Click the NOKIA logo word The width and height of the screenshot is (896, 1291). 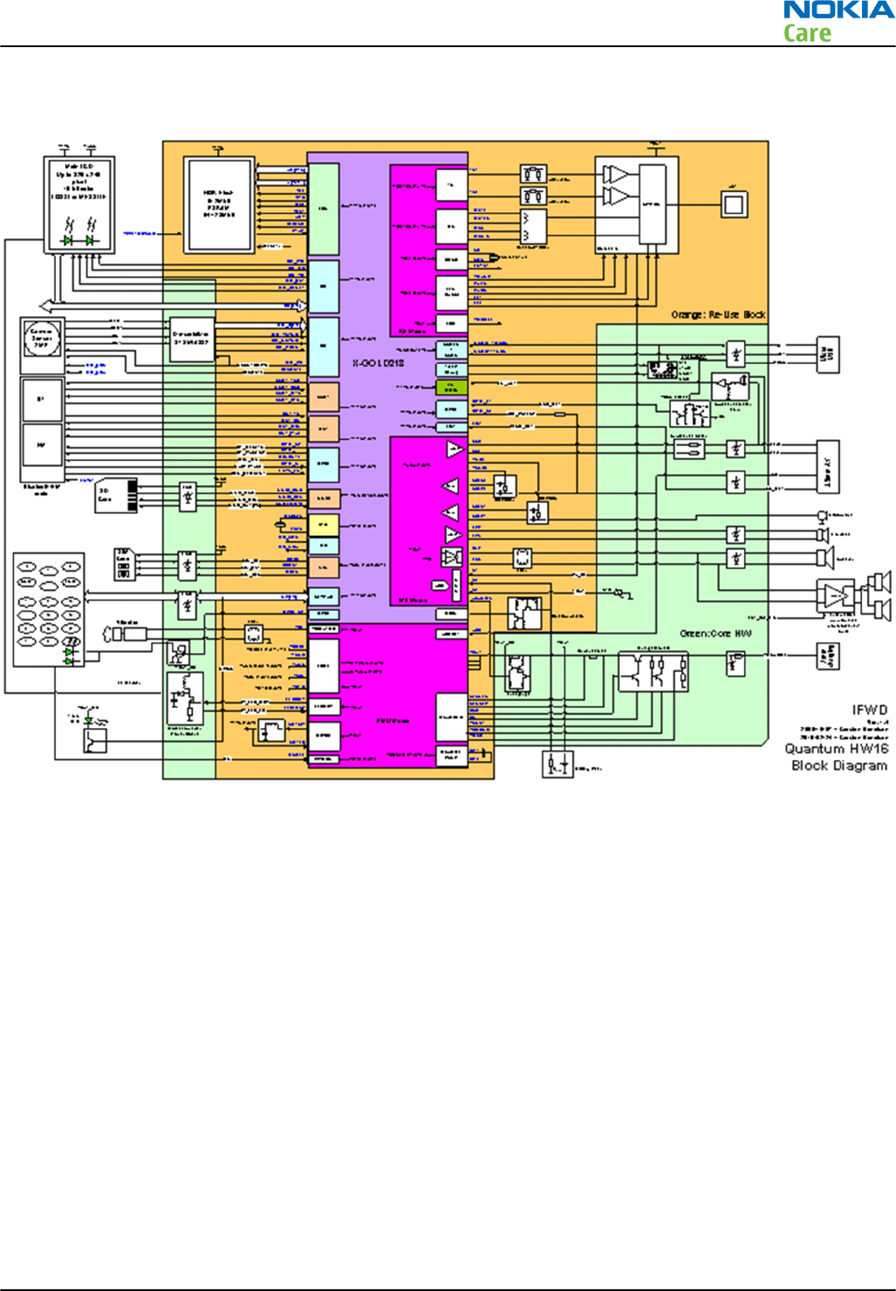tap(838, 11)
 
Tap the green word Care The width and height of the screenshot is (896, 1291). tap(807, 34)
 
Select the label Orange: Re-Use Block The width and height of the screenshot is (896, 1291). tap(718, 314)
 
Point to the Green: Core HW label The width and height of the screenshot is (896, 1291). tap(715, 633)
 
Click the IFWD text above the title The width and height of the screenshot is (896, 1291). tap(869, 711)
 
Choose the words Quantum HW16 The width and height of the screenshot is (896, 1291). tap(836, 749)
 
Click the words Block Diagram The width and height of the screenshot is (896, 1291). tap(839, 766)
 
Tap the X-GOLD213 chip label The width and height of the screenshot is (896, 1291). tap(378, 363)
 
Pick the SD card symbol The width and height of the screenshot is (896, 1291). tap(116, 495)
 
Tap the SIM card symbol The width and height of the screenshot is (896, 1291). tap(123, 564)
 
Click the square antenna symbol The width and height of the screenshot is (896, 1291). tap(734, 205)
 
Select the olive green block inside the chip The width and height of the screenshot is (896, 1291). tap(451, 387)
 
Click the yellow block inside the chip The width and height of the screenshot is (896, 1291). tap(323, 525)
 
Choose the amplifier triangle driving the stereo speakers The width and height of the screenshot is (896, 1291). tap(836, 596)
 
